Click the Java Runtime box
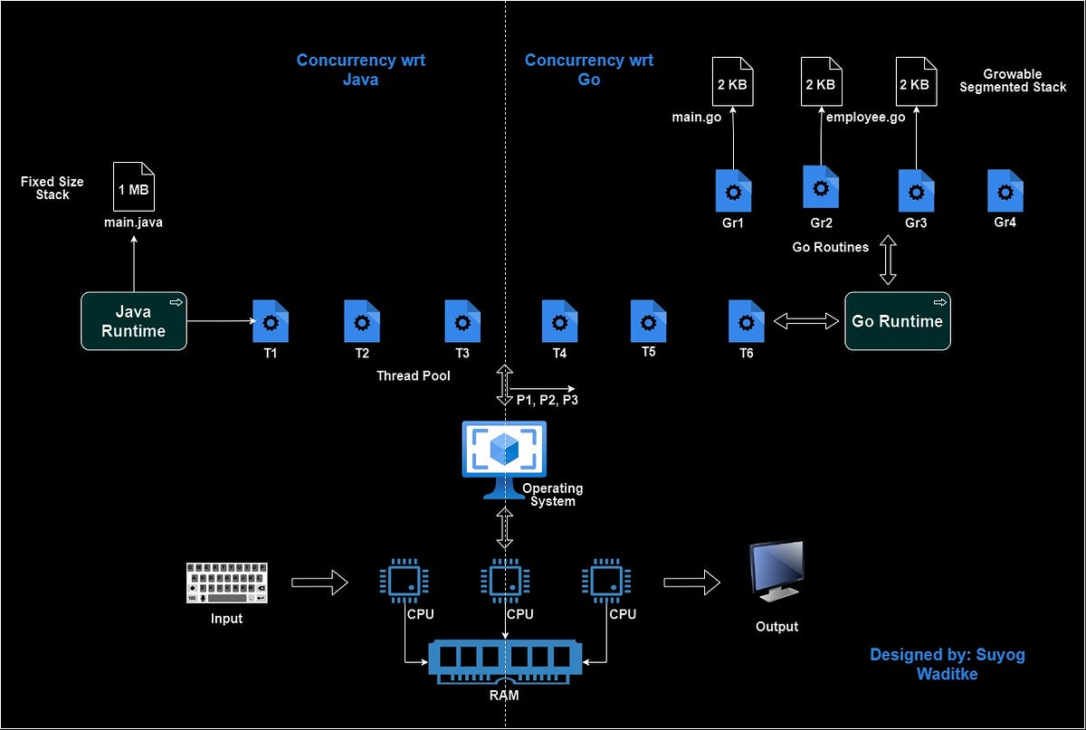(x=134, y=321)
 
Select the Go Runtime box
(x=897, y=321)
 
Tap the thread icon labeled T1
(x=270, y=321)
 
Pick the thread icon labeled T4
(x=559, y=321)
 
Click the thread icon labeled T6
(x=747, y=321)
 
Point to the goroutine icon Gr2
(x=820, y=187)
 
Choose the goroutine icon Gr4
(x=1005, y=190)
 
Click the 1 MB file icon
(x=133, y=187)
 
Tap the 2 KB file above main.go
(x=732, y=83)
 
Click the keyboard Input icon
(x=227, y=583)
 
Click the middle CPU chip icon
(x=504, y=581)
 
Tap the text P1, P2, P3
(x=547, y=400)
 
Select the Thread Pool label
(x=413, y=375)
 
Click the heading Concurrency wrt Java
(x=360, y=70)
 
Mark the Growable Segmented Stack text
(x=1013, y=81)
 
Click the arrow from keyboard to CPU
(x=320, y=583)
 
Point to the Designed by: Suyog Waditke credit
(x=948, y=663)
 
